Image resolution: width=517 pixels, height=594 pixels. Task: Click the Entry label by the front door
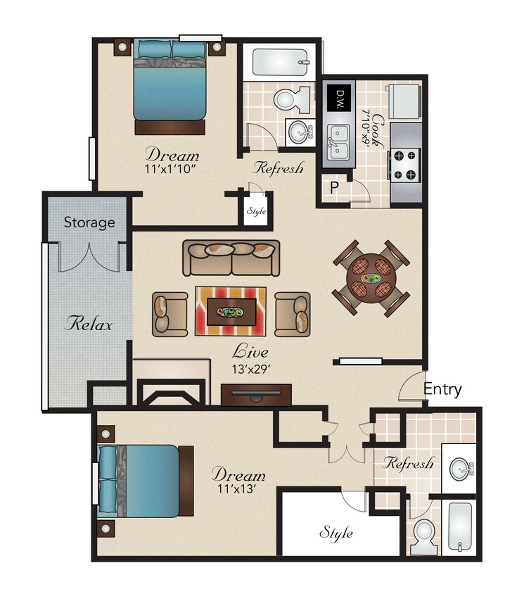(x=442, y=389)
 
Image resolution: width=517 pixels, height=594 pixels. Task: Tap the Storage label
(x=89, y=223)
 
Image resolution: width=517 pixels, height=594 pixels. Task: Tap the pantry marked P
(x=334, y=187)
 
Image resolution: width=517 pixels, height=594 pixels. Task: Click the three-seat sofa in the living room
(x=231, y=258)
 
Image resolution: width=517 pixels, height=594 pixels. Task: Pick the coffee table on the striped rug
(x=231, y=308)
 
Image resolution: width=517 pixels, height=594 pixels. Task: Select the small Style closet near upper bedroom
(x=255, y=210)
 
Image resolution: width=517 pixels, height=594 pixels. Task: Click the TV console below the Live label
(x=256, y=394)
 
